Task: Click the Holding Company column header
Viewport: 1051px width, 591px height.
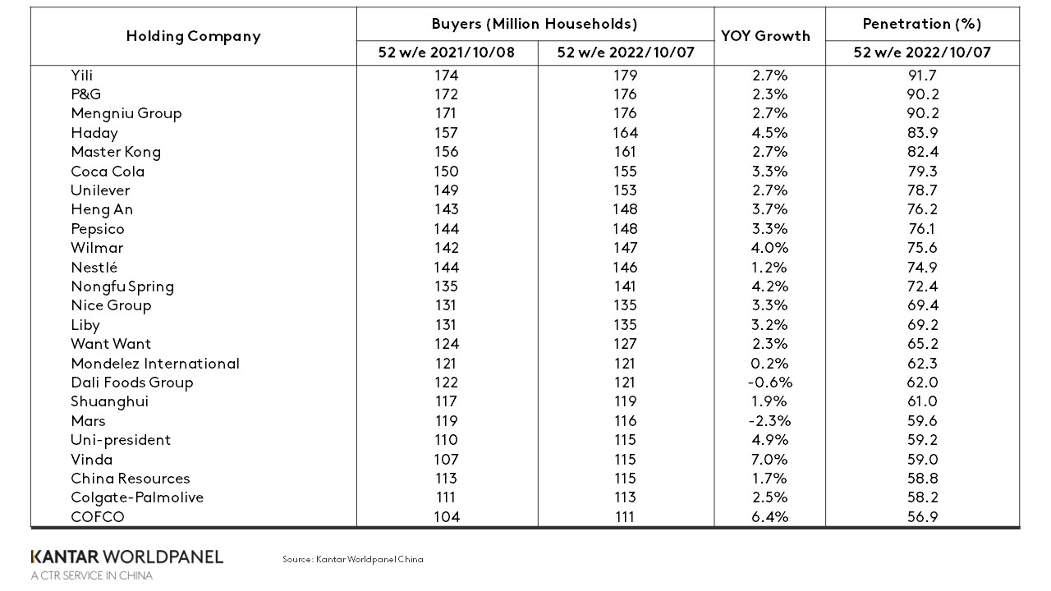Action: [x=193, y=36]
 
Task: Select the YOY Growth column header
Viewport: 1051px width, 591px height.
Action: [x=764, y=36]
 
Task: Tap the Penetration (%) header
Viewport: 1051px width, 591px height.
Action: [x=922, y=24]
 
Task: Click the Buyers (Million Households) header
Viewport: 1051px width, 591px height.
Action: [x=535, y=24]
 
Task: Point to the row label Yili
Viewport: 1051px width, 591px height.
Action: [x=82, y=75]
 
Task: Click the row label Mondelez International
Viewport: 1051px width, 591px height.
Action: [x=155, y=363]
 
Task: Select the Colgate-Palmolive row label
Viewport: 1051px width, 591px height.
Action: [x=137, y=497]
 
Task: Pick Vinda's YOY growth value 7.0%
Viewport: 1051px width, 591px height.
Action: [x=770, y=459]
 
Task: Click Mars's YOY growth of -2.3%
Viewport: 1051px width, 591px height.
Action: [x=770, y=420]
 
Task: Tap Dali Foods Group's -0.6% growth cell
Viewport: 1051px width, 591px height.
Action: [x=770, y=383]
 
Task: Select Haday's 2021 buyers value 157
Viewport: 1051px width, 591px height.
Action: [x=447, y=132]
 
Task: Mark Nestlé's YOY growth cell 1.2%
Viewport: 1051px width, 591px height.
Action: [x=770, y=267]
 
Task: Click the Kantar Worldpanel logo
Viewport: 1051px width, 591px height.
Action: [x=126, y=557]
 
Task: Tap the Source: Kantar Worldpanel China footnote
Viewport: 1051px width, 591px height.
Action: [x=353, y=559]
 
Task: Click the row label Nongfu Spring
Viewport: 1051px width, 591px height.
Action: [x=122, y=286]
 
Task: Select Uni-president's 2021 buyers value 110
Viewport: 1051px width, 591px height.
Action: [x=447, y=440]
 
